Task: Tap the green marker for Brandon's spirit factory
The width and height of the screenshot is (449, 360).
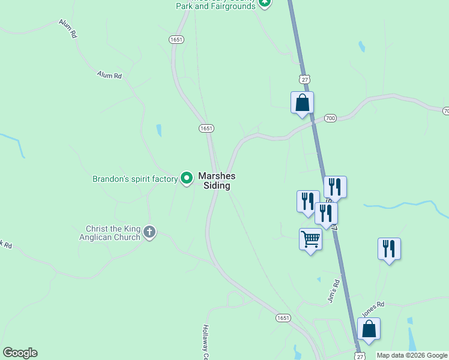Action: tap(187, 177)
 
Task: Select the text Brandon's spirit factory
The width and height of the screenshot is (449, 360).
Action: tap(135, 179)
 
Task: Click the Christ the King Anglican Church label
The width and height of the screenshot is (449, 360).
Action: tap(113, 233)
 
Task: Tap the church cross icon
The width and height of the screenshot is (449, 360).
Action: tap(149, 231)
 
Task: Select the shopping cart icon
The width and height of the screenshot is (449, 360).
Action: tap(310, 239)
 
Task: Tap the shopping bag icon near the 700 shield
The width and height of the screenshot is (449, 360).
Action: tap(302, 103)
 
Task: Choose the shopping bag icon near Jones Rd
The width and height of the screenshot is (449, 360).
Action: tap(369, 329)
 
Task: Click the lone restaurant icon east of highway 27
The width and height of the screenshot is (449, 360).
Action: tap(389, 249)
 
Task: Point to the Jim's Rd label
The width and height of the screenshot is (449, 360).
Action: tap(335, 292)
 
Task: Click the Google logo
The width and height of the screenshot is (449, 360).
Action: tap(20, 353)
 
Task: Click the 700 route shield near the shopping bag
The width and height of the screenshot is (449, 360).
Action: tap(330, 118)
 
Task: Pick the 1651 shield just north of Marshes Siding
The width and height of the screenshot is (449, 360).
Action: tap(206, 128)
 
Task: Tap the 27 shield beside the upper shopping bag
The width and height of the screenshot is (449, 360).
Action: tap(306, 79)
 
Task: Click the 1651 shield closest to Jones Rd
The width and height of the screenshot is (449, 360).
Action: tap(283, 317)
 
